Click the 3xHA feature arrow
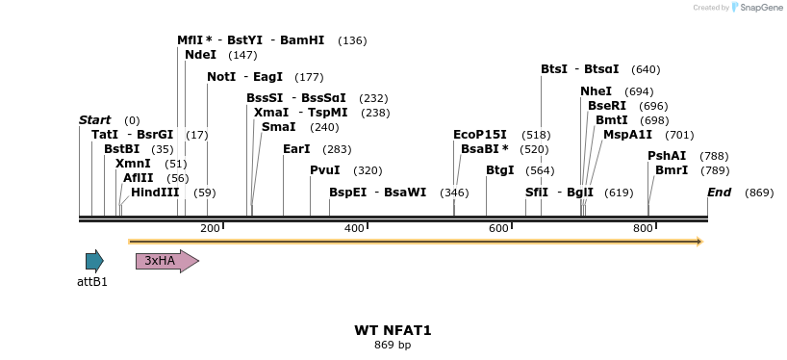pos(166,261)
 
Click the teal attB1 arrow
pos(93,261)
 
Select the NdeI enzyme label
pos(200,55)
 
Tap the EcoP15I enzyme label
pos(480,135)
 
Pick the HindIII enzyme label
pos(155,193)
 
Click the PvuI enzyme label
pos(325,170)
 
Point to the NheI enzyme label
pos(596,91)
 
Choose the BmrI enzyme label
pos(672,170)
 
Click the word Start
pos(94,119)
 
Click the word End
pos(719,193)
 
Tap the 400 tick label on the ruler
pos(354,228)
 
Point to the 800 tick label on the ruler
pos(643,228)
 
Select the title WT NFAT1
pos(393,330)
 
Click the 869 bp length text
pos(393,345)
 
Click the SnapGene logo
pos(758,8)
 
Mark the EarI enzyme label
pos(296,149)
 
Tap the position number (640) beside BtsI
pos(646,69)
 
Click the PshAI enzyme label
pos(667,156)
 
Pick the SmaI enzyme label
pos(278,127)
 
